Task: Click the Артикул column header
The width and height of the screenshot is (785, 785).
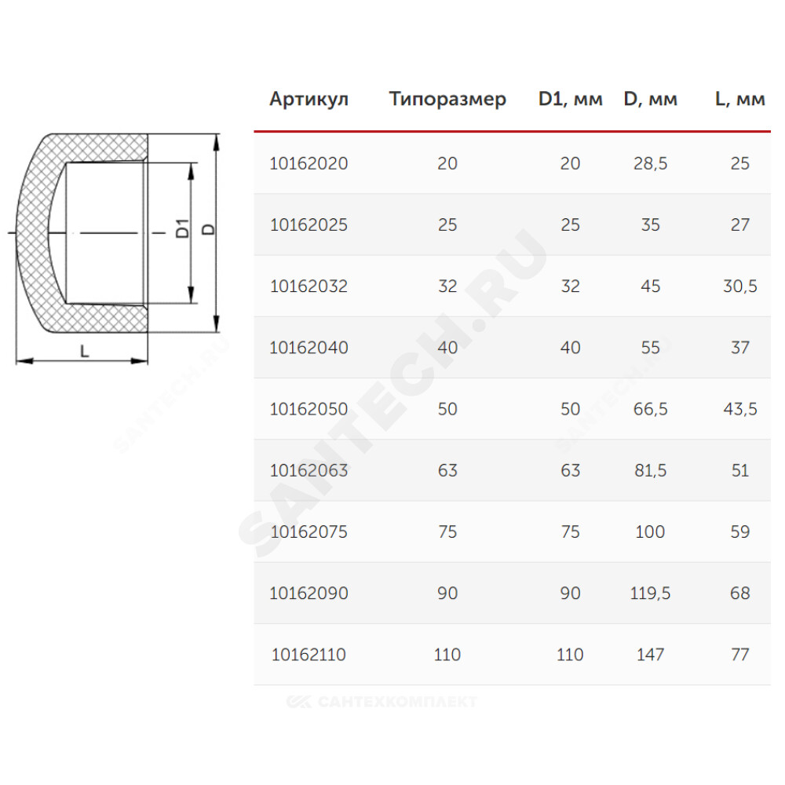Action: (x=309, y=99)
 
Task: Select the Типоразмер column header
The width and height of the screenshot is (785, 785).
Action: (x=447, y=99)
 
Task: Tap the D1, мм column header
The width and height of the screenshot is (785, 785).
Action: (x=570, y=99)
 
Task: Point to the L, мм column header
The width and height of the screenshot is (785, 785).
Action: (x=740, y=99)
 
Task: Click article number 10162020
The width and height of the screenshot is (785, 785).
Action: (x=309, y=163)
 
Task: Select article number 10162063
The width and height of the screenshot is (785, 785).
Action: (x=309, y=470)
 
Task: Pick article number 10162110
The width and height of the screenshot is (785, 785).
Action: (x=309, y=655)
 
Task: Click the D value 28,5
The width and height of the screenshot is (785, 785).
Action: (x=650, y=164)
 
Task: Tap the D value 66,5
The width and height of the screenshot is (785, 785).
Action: (x=650, y=410)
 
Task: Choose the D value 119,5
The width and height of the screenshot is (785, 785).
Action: (x=650, y=593)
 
